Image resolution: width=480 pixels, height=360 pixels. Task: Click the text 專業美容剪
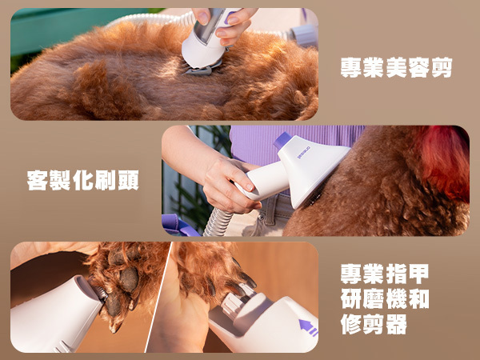[397, 67]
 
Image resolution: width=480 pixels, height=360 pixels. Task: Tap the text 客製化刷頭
[83, 180]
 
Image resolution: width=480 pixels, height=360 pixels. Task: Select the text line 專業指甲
[385, 274]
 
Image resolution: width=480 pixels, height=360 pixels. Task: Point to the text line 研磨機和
[385, 298]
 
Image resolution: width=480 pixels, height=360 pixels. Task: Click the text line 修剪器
[374, 324]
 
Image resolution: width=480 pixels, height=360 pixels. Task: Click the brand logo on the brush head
[303, 153]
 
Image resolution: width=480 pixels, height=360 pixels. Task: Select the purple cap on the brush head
[282, 140]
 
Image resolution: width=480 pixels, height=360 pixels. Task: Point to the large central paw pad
[129, 279]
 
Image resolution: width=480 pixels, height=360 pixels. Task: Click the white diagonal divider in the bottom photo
[158, 297]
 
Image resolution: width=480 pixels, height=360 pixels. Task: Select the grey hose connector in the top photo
[303, 34]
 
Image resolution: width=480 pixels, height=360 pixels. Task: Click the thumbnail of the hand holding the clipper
[202, 18]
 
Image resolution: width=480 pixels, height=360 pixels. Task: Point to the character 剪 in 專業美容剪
[442, 67]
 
